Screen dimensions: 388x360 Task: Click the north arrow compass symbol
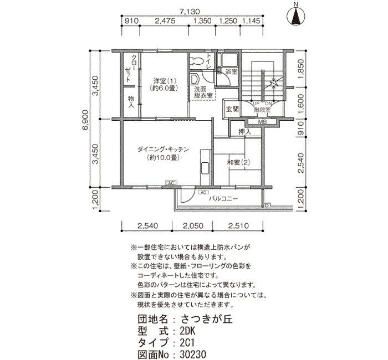coord(295,16)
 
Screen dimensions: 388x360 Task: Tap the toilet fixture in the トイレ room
coord(197,60)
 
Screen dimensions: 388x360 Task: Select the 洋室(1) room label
coord(164,81)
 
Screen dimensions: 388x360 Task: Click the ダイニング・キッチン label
coord(163,150)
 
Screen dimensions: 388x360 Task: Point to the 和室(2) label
coord(238,162)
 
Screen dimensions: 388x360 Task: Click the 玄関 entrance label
coord(232,109)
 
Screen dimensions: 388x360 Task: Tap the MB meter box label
coord(262,122)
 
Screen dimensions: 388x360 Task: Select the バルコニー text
coord(223,198)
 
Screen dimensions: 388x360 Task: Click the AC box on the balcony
coord(203,192)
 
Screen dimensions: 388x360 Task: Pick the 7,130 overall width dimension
coord(190,12)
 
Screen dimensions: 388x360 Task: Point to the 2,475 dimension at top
coord(165,21)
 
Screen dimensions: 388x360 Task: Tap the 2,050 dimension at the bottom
coord(193,225)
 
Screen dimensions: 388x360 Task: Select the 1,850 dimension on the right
coord(301,69)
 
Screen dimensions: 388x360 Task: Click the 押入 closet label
coord(245,132)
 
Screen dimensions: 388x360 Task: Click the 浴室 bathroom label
coord(231,72)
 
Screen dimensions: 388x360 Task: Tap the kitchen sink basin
coord(205,168)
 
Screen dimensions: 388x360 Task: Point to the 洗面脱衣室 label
coord(203,92)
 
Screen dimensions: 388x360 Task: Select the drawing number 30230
coord(193,354)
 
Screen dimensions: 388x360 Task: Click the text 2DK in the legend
coord(188,331)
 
